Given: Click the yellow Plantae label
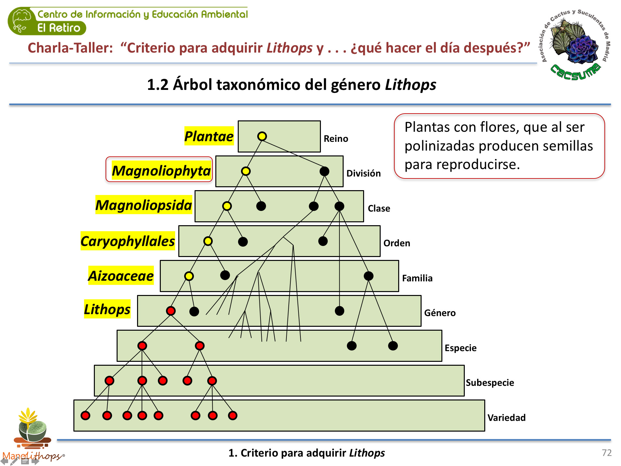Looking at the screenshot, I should click(209, 136).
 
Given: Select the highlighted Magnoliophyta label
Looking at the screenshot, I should click(161, 171).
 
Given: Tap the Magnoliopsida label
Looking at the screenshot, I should click(144, 205).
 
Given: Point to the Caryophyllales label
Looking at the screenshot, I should click(128, 241).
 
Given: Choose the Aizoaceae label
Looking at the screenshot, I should click(121, 276).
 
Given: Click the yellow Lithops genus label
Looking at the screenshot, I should click(107, 309).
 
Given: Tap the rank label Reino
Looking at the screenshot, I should click(336, 139).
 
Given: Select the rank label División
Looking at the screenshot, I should click(363, 174).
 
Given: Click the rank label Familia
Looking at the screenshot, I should click(417, 278).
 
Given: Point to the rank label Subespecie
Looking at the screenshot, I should click(490, 383).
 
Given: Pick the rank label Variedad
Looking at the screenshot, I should click(506, 418).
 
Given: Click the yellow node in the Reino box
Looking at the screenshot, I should click(262, 136).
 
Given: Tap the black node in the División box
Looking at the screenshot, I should click(324, 171).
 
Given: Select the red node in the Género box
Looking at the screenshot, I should click(171, 311).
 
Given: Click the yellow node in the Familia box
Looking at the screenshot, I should click(189, 276).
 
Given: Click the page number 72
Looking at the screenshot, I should click(606, 453).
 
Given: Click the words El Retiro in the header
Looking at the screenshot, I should click(59, 28).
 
